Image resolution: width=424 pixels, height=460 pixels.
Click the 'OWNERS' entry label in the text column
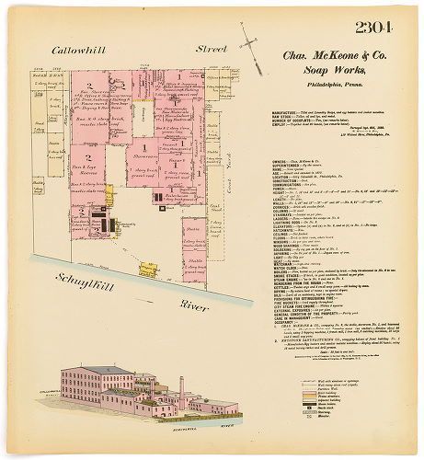click(258, 160)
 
